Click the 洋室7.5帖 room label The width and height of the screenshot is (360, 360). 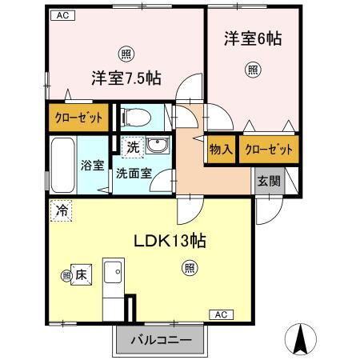click(x=126, y=78)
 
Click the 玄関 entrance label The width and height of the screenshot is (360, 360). click(x=269, y=181)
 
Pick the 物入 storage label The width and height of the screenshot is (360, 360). click(x=221, y=149)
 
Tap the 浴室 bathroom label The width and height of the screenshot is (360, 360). click(x=92, y=166)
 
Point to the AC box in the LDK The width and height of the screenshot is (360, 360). click(x=222, y=315)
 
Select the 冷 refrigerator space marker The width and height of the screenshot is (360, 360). click(x=61, y=211)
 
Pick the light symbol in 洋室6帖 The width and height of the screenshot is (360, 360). click(x=252, y=69)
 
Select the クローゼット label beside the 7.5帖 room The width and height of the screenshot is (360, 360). click(x=79, y=118)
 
